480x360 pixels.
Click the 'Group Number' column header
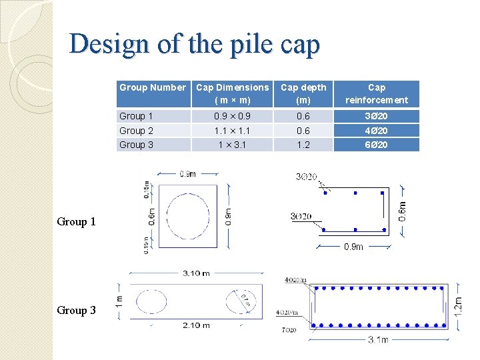(152, 87)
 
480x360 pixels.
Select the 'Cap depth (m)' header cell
(303, 93)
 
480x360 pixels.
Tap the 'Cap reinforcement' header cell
(377, 93)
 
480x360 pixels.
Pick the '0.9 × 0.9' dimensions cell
(233, 116)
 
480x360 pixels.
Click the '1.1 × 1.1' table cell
(233, 131)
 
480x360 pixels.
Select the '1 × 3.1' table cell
(233, 145)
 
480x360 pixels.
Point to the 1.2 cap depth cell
(303, 145)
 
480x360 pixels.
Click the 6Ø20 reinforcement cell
(377, 145)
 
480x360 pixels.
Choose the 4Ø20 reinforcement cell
(377, 131)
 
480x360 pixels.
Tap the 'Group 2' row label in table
(136, 131)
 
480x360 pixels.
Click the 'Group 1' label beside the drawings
(76, 221)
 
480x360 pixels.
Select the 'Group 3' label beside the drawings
(76, 310)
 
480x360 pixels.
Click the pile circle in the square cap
(188, 217)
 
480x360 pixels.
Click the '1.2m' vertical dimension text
(459, 305)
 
